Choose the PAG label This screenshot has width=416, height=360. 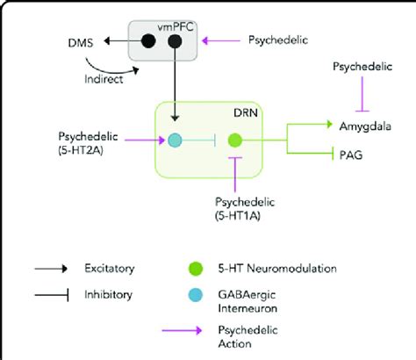(x=348, y=155)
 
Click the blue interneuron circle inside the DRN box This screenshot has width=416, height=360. (x=176, y=140)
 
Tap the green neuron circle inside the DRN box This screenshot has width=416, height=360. (x=234, y=140)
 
